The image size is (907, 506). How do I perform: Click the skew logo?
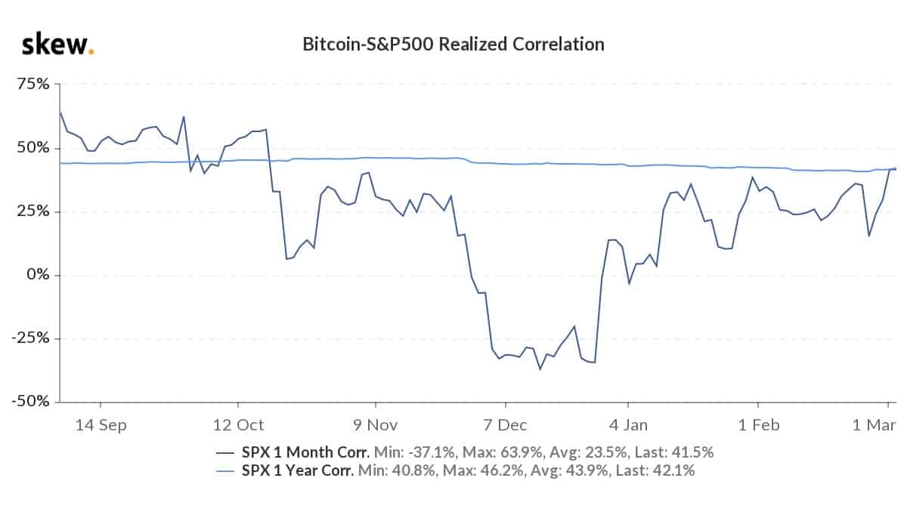point(57,45)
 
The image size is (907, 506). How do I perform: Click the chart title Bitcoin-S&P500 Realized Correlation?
point(453,45)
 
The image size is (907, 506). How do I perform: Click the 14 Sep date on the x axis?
point(101,424)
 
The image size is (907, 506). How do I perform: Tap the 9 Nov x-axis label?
point(376,424)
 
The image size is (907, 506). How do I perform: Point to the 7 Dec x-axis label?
point(503,424)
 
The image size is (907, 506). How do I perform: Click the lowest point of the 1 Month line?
point(540,369)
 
